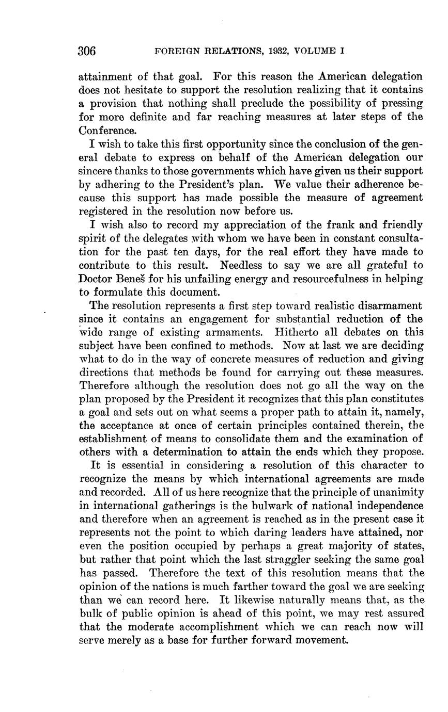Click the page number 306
click(x=87, y=51)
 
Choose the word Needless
click(x=242, y=265)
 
